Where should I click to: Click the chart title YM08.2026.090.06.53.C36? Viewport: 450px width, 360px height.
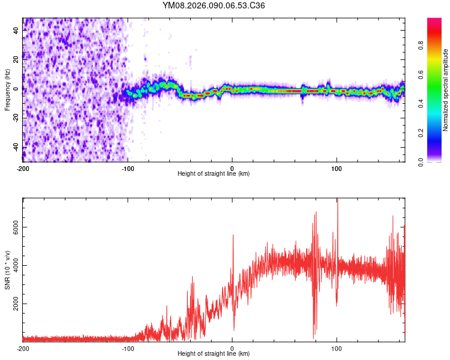[x=214, y=6]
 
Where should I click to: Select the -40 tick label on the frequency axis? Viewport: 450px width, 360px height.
[x=16, y=147]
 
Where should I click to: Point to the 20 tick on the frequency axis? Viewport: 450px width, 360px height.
[x=16, y=59]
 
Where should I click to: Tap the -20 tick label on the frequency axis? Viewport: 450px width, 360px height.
[x=16, y=118]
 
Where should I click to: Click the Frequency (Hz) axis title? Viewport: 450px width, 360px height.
[x=7, y=90]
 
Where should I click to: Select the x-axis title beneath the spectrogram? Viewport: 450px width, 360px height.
[x=214, y=174]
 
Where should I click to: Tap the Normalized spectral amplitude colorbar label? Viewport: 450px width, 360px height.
[x=446, y=90]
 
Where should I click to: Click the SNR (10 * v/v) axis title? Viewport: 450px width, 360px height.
[x=7, y=270]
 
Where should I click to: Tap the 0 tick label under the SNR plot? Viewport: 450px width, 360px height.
[x=232, y=349]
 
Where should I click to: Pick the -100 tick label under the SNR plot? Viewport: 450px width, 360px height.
[x=127, y=349]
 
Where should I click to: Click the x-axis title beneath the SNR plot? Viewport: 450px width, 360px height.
[x=214, y=354]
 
